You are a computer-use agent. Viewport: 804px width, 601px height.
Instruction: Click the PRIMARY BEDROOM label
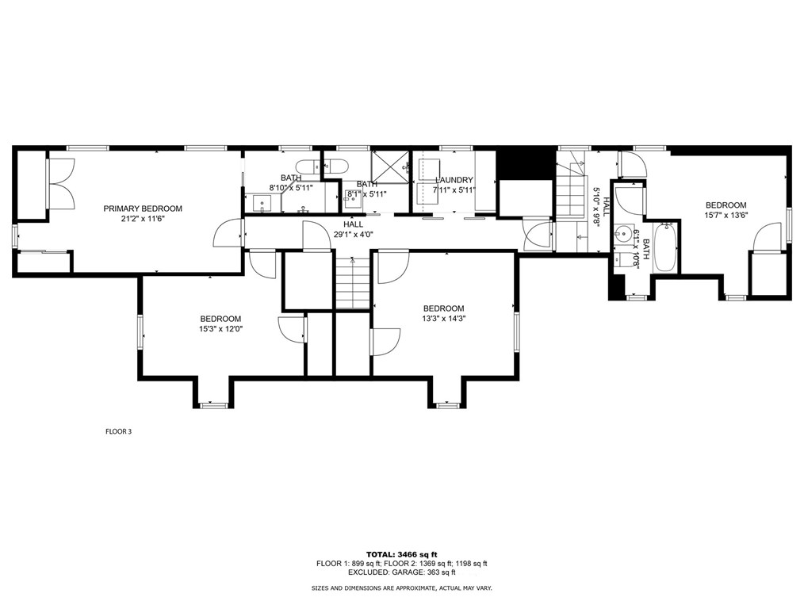pos(143,209)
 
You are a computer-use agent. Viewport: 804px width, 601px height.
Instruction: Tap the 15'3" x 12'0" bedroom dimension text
pos(220,329)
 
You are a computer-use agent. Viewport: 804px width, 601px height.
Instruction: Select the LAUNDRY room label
pos(454,180)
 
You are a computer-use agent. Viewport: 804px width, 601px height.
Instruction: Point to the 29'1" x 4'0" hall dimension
pos(354,235)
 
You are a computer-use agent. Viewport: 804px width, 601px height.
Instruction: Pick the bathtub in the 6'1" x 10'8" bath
pos(665,247)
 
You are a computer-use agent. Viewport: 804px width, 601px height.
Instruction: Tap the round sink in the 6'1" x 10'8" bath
pos(624,235)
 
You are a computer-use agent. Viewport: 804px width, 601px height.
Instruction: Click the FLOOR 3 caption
pos(118,432)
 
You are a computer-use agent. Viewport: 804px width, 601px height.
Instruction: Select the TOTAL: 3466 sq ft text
pos(401,554)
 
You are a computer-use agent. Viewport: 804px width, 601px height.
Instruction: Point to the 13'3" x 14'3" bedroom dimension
pos(443,318)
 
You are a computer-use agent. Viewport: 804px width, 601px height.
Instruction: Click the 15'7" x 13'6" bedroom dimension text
pos(726,215)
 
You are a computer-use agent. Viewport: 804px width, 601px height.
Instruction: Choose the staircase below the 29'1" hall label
pos(353,282)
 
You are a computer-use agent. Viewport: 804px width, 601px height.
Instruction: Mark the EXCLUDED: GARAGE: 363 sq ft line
pos(401,572)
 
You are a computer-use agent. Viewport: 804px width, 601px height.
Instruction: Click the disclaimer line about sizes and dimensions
pos(401,588)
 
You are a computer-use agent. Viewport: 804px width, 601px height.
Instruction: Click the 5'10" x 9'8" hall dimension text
pos(596,206)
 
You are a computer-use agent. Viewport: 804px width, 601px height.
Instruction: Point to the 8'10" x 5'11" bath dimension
pos(291,188)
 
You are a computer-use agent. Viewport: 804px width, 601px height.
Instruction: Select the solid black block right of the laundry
pos(526,162)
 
